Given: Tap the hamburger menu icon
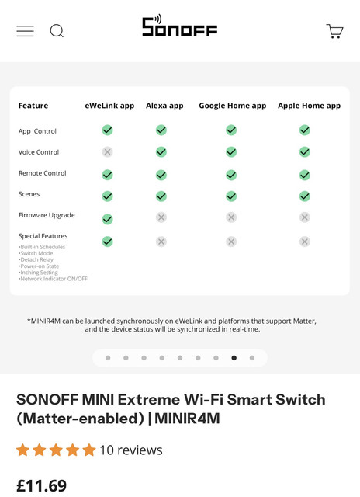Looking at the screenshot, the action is coord(26,31).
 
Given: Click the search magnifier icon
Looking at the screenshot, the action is coord(57,31).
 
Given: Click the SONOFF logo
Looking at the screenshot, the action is coord(179,25).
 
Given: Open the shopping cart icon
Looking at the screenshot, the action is coord(334,31).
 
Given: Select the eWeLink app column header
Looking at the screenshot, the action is coord(109,106).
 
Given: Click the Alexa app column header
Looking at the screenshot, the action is coord(164,106).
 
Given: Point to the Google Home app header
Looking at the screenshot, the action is coord(233,106).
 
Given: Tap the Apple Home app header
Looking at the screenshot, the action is coord(310,106).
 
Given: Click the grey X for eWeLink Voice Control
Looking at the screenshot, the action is coord(107,152).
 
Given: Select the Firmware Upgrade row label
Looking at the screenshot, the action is coord(47,215).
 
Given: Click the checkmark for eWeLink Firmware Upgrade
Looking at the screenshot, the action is coord(107,219).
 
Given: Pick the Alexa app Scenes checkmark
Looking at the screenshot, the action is coord(161,196).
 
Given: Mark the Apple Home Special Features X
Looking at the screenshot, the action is coord(305,242).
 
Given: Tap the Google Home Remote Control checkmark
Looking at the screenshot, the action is coord(231,175).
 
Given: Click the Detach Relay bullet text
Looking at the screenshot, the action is coord(36,259).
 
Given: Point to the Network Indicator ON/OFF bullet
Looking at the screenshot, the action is coord(53,279).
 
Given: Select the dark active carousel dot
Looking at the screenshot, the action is coord(234,358).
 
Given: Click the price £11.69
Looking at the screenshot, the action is coord(41,485).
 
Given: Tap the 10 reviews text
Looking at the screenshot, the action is coord(131,450).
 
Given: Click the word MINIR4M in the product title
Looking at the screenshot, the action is coord(187,419).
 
